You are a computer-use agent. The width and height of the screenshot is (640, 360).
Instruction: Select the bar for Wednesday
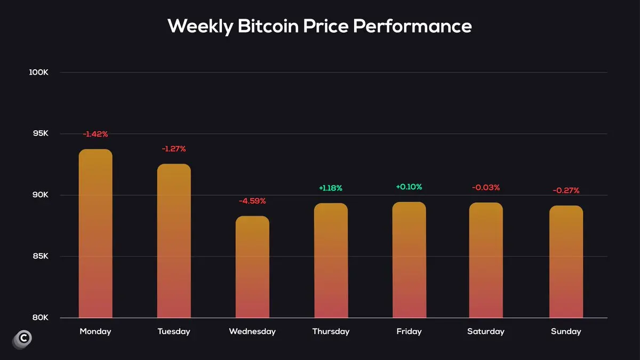(252, 267)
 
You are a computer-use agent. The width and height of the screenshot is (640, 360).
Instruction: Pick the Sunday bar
(566, 261)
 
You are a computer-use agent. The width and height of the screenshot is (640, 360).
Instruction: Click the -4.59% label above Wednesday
(252, 201)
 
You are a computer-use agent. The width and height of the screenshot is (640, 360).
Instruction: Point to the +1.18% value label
(331, 188)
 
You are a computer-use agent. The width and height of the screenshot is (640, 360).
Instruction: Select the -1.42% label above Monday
(95, 134)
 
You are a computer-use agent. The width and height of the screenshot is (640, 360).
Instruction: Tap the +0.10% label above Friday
(409, 187)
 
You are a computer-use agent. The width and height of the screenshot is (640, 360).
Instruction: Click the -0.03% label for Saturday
(486, 187)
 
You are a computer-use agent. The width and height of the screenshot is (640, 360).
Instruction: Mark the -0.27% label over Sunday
(566, 190)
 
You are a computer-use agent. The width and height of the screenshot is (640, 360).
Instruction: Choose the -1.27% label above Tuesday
(174, 149)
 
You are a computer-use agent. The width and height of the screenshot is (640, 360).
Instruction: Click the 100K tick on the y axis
(39, 73)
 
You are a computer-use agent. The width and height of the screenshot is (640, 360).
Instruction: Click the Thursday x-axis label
(331, 332)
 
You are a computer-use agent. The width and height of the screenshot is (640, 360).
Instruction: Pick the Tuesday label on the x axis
(174, 332)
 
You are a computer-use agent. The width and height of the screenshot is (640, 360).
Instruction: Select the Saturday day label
(486, 332)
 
